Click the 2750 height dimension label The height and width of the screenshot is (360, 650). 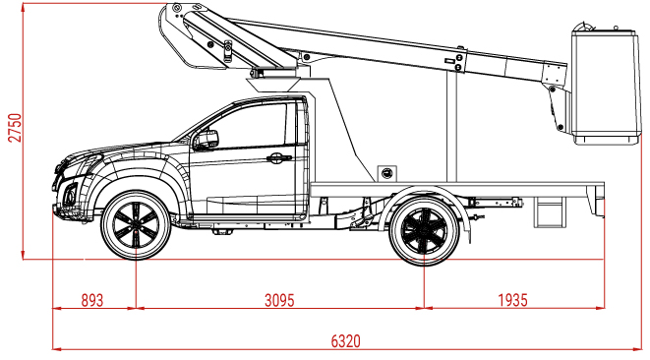14,126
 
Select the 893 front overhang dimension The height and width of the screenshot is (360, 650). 92,301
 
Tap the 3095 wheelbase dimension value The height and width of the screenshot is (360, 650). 279,301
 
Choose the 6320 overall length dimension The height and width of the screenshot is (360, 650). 345,341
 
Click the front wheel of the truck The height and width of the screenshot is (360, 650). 136,224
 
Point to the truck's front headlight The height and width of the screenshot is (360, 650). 79,167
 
